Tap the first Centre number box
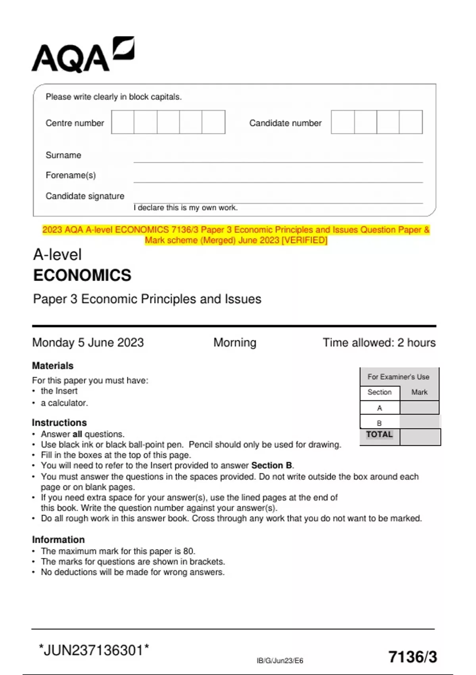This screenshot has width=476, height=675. (123, 122)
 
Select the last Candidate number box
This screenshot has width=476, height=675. (411, 122)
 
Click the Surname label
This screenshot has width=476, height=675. (63, 155)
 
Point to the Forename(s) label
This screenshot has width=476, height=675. (71, 175)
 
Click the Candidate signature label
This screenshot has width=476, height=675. (85, 196)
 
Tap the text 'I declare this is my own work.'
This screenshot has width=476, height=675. (186, 208)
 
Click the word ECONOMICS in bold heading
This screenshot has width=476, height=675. (82, 275)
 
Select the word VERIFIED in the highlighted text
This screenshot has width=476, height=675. (304, 240)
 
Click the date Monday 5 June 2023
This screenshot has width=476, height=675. (88, 342)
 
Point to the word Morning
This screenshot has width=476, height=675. (235, 342)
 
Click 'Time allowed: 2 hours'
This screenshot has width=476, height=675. (379, 342)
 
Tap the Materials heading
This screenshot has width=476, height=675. (53, 366)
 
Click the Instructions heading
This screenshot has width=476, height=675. (59, 422)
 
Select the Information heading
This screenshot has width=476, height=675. (58, 540)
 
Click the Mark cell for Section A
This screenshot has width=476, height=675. (419, 408)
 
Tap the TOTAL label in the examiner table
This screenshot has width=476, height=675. (380, 434)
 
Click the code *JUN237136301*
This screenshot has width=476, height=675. (94, 650)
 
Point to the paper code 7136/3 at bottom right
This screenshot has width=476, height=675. (413, 657)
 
